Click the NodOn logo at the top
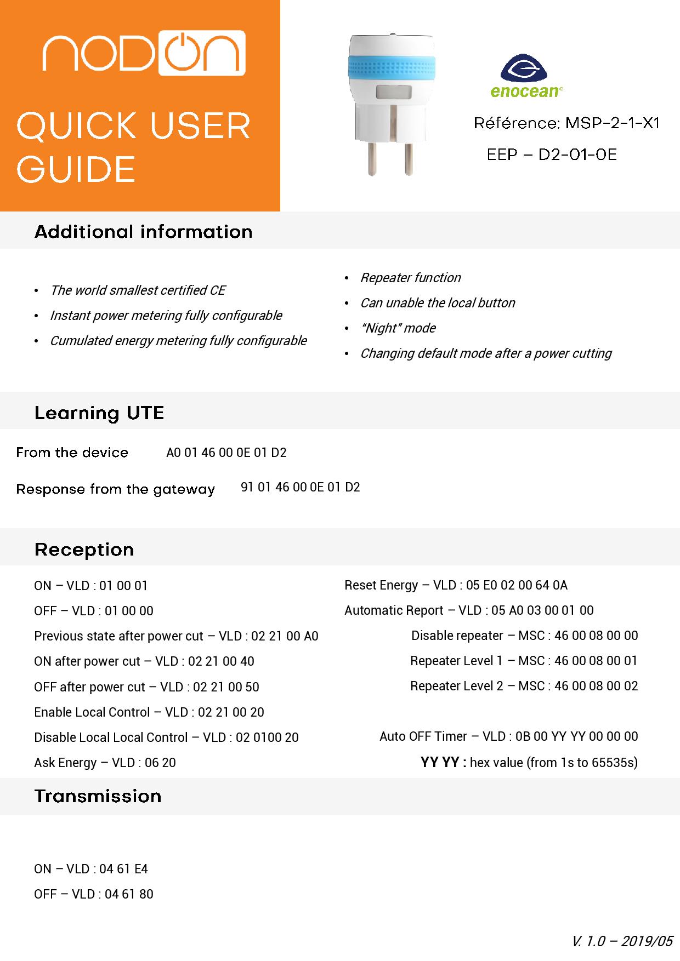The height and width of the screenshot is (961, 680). coord(144,53)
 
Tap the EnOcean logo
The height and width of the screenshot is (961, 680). coord(524,76)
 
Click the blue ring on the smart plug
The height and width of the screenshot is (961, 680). coord(392,68)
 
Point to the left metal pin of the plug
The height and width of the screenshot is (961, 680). coord(372,158)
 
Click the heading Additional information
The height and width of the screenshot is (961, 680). coord(144,232)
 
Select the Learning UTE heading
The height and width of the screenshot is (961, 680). coord(99,413)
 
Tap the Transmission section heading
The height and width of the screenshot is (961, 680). coord(98,796)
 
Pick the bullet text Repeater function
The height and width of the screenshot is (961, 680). coord(410,278)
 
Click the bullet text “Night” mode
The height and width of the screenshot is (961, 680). coord(398,328)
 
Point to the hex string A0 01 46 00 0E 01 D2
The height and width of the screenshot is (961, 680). coord(226,453)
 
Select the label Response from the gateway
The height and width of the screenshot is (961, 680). coord(116,489)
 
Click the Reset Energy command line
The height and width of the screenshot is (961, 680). coord(456,585)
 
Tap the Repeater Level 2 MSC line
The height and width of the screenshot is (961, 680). coord(524,686)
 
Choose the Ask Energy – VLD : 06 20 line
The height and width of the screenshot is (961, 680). coord(105,763)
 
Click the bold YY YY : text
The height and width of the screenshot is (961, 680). coord(443,762)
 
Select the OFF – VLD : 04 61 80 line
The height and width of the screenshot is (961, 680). coord(94,894)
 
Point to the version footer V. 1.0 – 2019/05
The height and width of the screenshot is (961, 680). coord(621,941)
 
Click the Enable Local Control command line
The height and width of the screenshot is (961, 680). coord(149,712)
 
